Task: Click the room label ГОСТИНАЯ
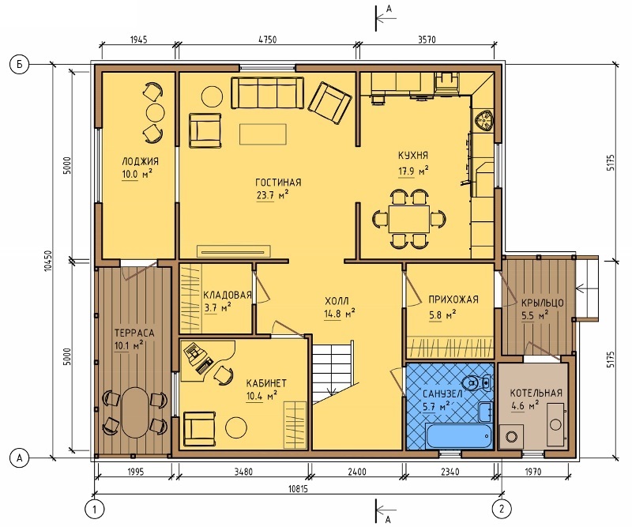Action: click(278, 183)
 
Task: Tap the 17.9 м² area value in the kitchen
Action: click(413, 171)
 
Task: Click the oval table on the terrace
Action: click(134, 412)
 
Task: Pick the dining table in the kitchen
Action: click(409, 219)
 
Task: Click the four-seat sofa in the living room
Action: click(267, 92)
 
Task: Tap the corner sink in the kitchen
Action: click(483, 121)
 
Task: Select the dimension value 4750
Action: click(268, 40)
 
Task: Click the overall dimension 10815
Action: click(299, 489)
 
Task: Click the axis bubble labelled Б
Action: click(19, 65)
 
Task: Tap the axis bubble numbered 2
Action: click(502, 509)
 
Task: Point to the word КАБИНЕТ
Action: click(266, 382)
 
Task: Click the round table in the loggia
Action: click(155, 112)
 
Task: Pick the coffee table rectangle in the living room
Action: click(263, 134)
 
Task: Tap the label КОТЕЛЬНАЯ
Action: click(536, 393)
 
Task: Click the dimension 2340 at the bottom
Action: click(450, 472)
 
